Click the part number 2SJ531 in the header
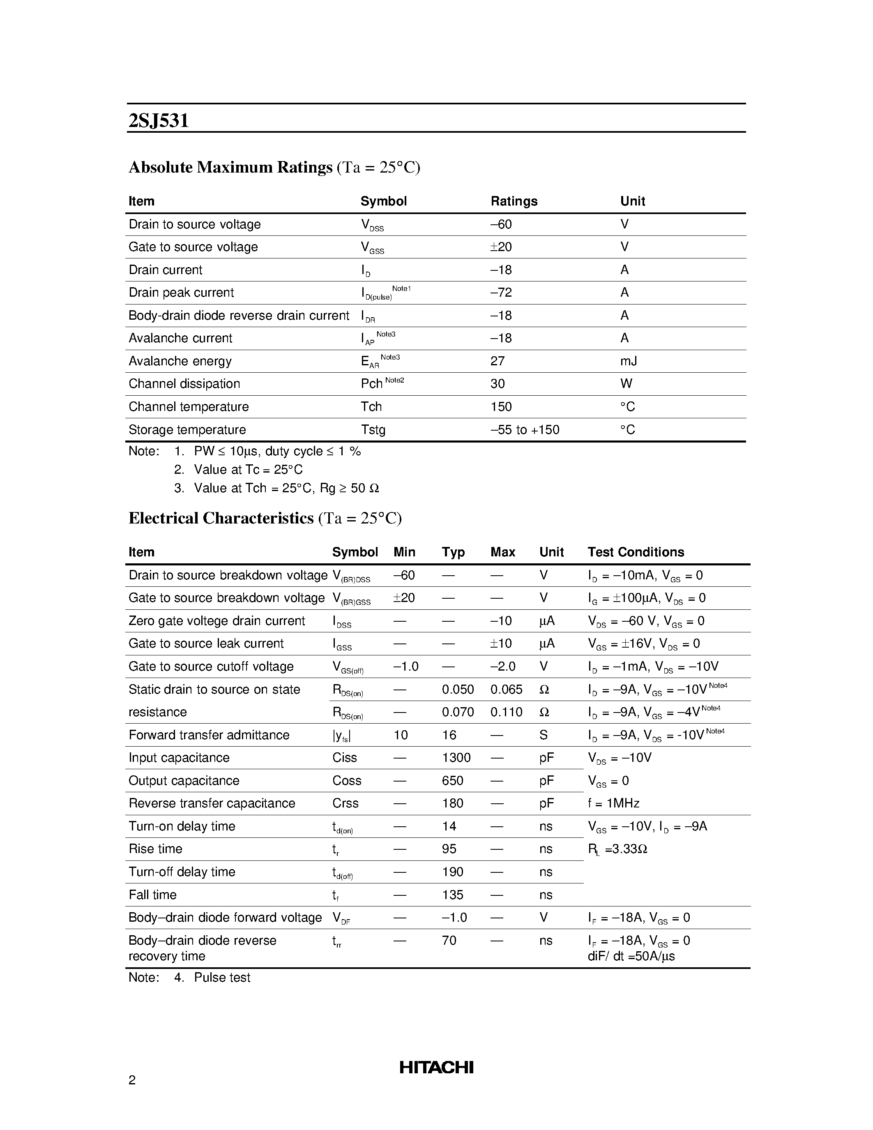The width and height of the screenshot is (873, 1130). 158,120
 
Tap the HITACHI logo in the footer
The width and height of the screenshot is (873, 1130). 436,1067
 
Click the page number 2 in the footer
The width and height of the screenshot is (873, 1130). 132,1080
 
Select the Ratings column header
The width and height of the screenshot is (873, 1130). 514,201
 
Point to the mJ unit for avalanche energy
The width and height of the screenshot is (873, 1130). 629,361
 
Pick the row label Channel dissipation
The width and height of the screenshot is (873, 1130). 184,384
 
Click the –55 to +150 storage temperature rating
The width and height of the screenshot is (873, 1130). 525,430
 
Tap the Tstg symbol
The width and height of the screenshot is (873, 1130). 373,430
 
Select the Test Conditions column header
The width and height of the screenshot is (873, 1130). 636,552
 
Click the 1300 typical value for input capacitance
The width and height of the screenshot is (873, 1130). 456,758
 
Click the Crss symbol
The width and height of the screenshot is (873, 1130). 345,803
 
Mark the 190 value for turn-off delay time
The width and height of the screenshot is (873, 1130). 453,872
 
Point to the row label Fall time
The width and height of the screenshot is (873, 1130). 152,895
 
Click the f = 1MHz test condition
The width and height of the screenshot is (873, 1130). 613,803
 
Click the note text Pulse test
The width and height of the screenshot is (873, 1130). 222,978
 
